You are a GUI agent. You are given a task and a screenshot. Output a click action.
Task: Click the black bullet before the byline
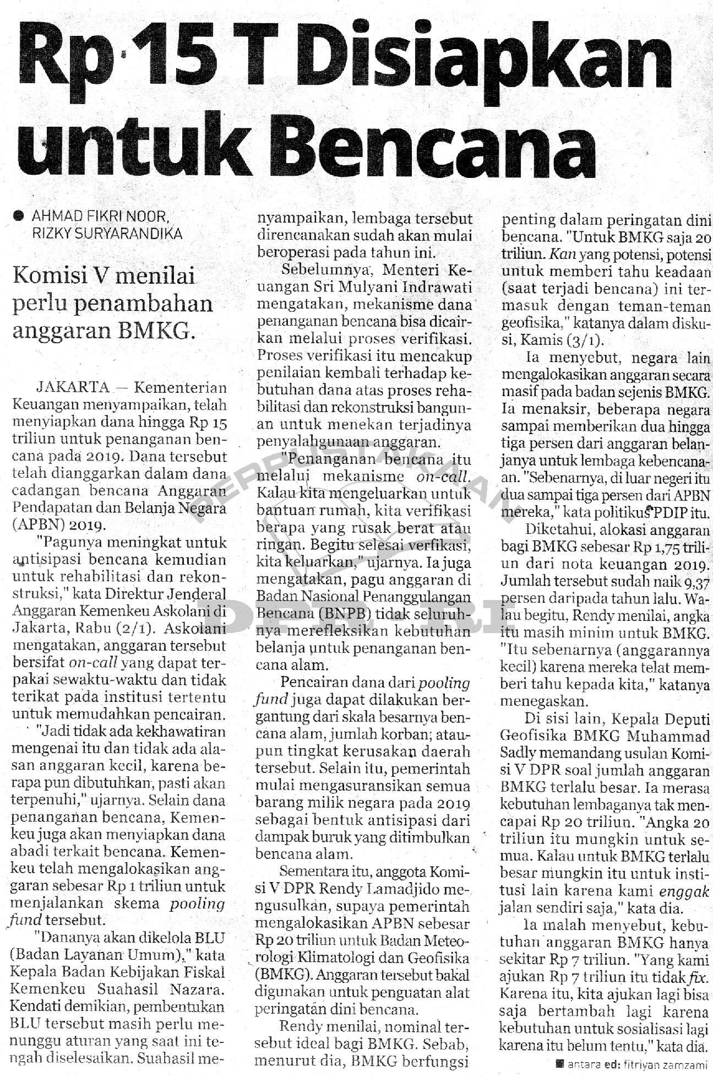(20, 215)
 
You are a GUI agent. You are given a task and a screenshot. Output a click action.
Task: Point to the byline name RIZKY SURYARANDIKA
(108, 233)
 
